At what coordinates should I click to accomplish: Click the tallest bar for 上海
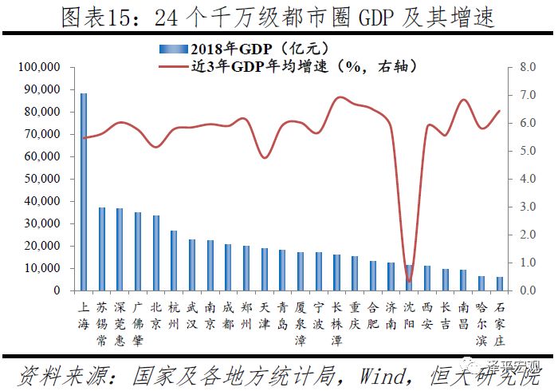pos(84,192)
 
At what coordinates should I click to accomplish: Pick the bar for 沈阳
pos(409,278)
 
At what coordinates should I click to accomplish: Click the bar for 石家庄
pos(500,284)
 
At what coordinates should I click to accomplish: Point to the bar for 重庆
pos(355,274)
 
